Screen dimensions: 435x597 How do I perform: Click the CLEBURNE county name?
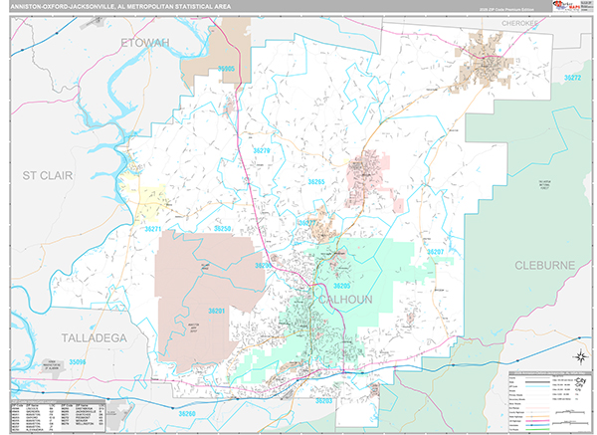point(545,265)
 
